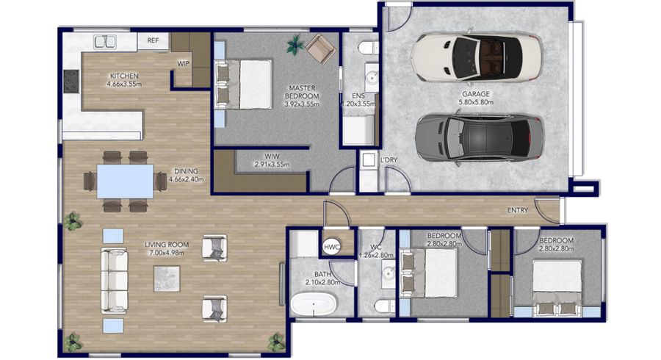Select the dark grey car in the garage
[479, 138]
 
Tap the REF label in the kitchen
[153, 40]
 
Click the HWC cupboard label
[330, 248]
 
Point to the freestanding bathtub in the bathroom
[315, 303]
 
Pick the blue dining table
[125, 181]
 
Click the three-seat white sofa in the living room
[114, 280]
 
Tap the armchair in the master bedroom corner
[319, 49]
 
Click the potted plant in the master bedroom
[295, 45]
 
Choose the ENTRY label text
[518, 212]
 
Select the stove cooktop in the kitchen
[71, 80]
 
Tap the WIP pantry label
[184, 64]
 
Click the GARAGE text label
[476, 94]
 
